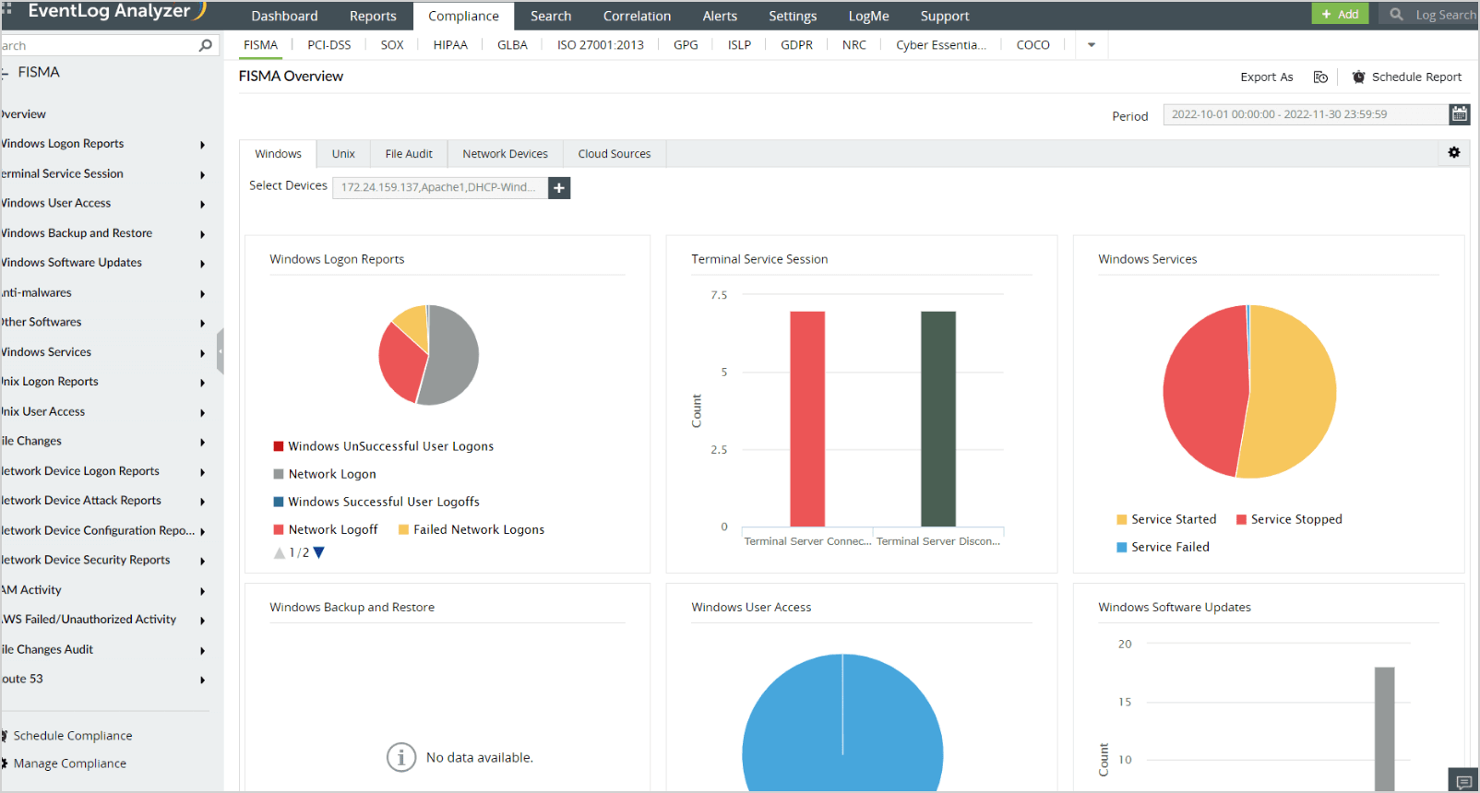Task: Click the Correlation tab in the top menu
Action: [x=637, y=16]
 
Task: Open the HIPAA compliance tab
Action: [x=450, y=44]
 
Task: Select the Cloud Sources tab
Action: [x=614, y=154]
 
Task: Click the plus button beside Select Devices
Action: [x=559, y=187]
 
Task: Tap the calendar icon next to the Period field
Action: [x=1460, y=114]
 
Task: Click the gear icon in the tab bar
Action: [x=1454, y=152]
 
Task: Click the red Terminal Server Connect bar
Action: [x=807, y=419]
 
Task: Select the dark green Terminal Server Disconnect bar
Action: [x=938, y=419]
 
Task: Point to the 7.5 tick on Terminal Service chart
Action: [x=719, y=295]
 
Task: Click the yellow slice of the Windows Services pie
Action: [x=1292, y=392]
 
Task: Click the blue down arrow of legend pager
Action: [x=319, y=552]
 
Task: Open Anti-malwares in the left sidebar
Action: [x=37, y=292]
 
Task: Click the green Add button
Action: [x=1340, y=14]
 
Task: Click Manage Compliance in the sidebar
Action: [x=69, y=763]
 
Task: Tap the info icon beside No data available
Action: [x=400, y=757]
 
